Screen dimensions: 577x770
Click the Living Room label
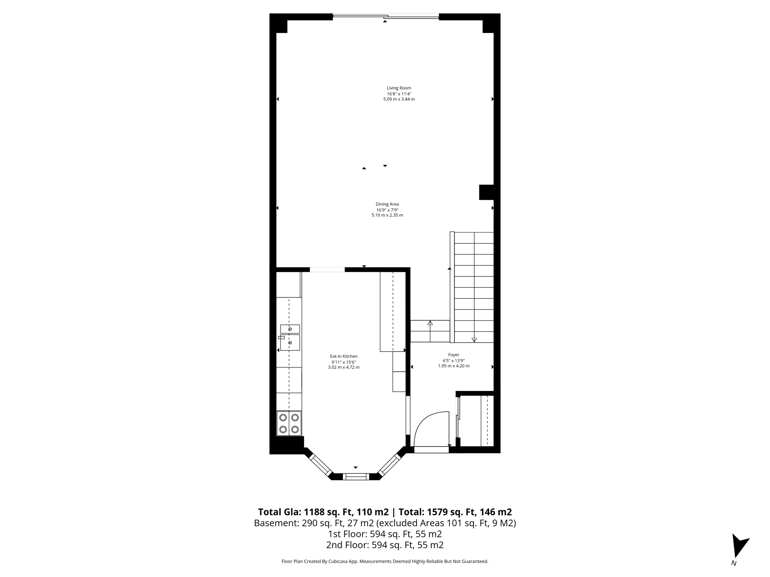pos(399,88)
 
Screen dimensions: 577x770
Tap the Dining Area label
pos(387,204)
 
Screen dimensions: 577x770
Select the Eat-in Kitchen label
pos(344,356)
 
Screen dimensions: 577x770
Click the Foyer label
pos(453,355)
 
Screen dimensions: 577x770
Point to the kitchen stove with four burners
pos(289,423)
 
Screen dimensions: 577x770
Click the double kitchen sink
pos(290,337)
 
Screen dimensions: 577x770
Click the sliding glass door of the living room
pos(385,16)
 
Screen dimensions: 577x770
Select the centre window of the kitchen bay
pos(356,477)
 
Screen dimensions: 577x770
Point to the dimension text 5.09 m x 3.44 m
pos(399,99)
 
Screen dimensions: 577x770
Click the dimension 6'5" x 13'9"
pos(453,360)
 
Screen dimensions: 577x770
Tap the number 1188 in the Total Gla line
pos(314,512)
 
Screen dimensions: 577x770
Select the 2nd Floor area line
pos(385,545)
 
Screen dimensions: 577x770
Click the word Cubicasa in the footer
pos(337,562)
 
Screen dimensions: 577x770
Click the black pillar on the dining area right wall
pos(486,192)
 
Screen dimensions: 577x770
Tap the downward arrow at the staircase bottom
pos(474,340)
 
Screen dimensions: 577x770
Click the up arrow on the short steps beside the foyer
pos(430,323)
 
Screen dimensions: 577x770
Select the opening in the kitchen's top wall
pos(327,269)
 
